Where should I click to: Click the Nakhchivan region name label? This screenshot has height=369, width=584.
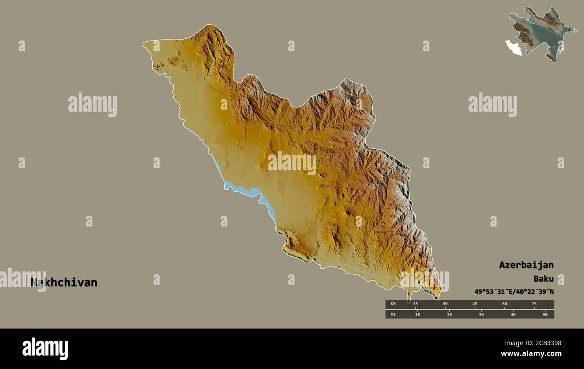(x=64, y=283)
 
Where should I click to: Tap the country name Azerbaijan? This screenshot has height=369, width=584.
(x=526, y=265)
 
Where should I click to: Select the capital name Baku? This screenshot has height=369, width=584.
(x=543, y=279)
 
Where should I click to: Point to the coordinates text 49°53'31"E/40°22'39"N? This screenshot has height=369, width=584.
(x=514, y=292)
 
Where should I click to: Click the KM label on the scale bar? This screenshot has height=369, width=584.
(x=393, y=304)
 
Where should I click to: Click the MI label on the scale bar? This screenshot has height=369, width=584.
(x=393, y=314)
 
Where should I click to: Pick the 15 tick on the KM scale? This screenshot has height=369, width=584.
(x=416, y=304)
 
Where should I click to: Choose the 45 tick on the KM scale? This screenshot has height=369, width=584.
(x=474, y=304)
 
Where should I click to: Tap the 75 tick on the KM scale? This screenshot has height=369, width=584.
(x=534, y=304)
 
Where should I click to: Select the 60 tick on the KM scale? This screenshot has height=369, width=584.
(x=504, y=304)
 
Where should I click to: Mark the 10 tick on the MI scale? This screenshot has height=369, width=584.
(x=417, y=314)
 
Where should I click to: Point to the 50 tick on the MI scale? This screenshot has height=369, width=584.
(x=545, y=314)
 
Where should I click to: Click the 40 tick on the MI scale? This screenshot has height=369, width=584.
(x=513, y=314)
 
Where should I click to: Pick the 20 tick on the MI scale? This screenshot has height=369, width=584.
(x=449, y=314)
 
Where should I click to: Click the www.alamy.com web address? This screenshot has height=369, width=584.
(x=532, y=354)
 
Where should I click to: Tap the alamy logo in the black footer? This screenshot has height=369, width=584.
(x=45, y=349)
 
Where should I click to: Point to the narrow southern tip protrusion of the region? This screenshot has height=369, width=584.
(x=409, y=297)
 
